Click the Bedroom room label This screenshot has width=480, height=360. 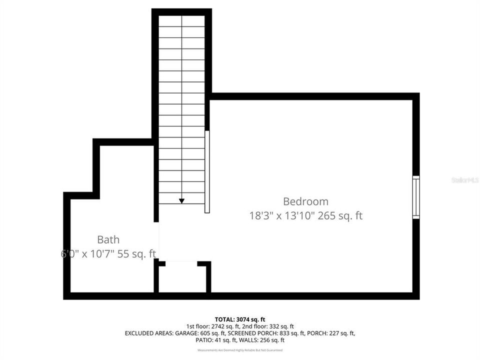[305, 201]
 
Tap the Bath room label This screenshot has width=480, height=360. [108, 239]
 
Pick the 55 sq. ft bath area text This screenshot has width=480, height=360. [137, 253]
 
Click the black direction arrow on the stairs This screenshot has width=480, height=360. [181, 200]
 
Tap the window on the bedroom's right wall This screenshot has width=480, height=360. [415, 197]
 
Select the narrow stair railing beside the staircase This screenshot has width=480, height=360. [207, 171]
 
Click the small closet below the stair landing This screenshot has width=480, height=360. [182, 278]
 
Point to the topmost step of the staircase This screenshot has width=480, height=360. [181, 21]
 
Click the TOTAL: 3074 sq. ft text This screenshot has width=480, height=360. [239, 319]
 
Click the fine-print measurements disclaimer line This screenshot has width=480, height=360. [239, 350]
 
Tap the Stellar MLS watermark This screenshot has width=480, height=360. [464, 179]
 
